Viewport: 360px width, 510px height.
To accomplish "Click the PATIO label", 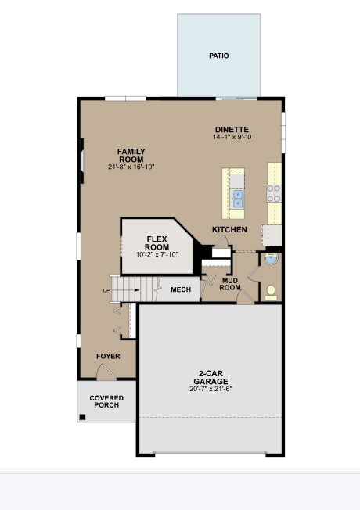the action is (218, 56).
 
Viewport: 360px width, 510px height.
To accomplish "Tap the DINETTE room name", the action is (232, 129).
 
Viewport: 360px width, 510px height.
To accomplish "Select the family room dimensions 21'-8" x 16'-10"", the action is (131, 167).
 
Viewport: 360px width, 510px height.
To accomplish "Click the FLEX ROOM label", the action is (157, 243).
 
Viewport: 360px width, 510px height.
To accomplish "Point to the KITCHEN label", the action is (229, 230).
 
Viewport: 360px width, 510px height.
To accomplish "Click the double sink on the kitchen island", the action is (238, 199).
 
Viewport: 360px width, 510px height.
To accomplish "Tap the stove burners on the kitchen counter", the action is (274, 193).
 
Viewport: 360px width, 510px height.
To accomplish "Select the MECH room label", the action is (181, 289).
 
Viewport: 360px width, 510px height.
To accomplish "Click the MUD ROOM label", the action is (230, 284).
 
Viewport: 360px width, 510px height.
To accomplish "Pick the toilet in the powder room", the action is (271, 293).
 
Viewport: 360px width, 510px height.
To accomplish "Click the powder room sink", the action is (271, 259).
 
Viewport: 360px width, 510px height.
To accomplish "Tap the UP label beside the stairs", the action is (106, 290).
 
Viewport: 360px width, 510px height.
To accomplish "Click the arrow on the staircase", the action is (126, 290).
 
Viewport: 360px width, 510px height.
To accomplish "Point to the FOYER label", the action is (108, 356).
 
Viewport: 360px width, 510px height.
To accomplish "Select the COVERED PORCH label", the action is (106, 401).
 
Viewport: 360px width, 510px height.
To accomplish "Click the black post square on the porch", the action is (82, 417).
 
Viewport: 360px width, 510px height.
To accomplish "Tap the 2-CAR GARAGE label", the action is (211, 377).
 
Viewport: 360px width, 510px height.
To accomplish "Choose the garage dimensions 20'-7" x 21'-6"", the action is (211, 389).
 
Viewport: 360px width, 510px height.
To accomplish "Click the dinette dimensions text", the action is (232, 137).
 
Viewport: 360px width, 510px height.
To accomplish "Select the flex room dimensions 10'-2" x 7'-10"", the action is (157, 254).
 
